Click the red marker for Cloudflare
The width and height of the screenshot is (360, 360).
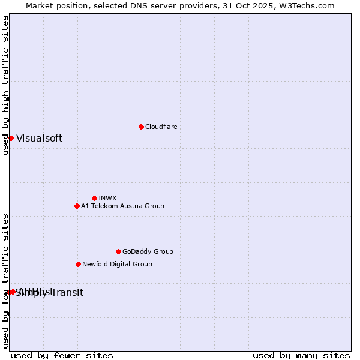pyautogui.click(x=141, y=127)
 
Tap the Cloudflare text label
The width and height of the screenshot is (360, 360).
pyautogui.click(x=161, y=127)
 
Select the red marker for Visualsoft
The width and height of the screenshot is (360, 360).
pyautogui.click(x=11, y=138)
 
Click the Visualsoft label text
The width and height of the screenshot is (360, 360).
pyautogui.click(x=39, y=138)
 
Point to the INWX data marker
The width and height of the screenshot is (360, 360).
pyautogui.click(x=94, y=198)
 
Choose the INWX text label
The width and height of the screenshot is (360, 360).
pyautogui.click(x=107, y=198)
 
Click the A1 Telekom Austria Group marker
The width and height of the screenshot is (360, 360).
pyautogui.click(x=77, y=206)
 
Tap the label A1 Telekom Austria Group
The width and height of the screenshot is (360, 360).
pyautogui.click(x=122, y=206)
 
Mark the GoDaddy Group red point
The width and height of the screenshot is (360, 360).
pyautogui.click(x=118, y=251)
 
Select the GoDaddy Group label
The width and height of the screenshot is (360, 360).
pyautogui.click(x=148, y=251)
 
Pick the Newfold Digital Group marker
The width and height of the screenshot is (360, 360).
pyautogui.click(x=78, y=264)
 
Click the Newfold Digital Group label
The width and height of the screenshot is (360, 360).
pyautogui.click(x=117, y=264)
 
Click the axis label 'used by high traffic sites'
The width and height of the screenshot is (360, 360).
pyautogui.click(x=5, y=85)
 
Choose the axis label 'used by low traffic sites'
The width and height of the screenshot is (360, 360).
pyautogui.click(x=5, y=281)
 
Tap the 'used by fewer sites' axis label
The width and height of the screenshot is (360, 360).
pyautogui.click(x=62, y=355)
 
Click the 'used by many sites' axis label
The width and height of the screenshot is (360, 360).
pyautogui.click(x=301, y=355)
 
